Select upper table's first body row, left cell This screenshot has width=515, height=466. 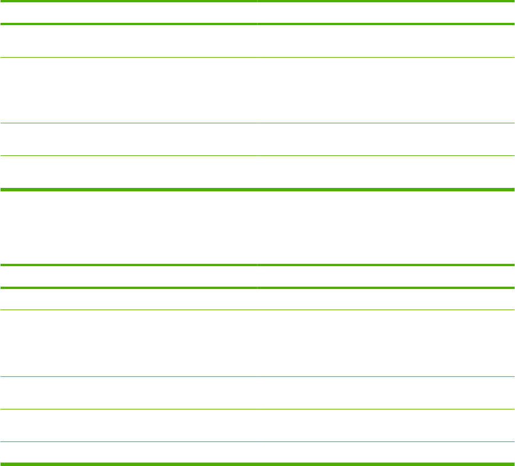pyautogui.click(x=129, y=41)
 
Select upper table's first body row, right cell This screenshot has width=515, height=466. pyautogui.click(x=386, y=41)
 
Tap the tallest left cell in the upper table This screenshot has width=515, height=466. pyautogui.click(x=129, y=90)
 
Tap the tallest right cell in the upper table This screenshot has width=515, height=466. pyautogui.click(x=386, y=90)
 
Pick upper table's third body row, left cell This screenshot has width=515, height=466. pyautogui.click(x=129, y=139)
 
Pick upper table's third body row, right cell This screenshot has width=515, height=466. pyautogui.click(x=386, y=139)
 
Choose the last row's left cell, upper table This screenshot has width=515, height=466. pyautogui.click(x=129, y=172)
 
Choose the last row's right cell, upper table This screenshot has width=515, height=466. pyautogui.click(x=386, y=172)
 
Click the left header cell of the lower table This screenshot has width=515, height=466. pyautogui.click(x=129, y=276)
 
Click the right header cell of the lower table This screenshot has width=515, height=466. pyautogui.click(x=386, y=276)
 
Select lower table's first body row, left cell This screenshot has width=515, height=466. pyautogui.click(x=129, y=299)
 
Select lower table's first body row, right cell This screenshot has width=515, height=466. pyautogui.click(x=386, y=299)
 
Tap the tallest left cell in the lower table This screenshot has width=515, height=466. pyautogui.click(x=129, y=343)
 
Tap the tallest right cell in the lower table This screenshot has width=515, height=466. pyautogui.click(x=386, y=343)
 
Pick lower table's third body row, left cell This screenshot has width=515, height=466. pyautogui.click(x=129, y=393)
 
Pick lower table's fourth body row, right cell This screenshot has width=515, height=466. pyautogui.click(x=386, y=425)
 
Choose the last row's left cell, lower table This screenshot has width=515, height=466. pyautogui.click(x=129, y=452)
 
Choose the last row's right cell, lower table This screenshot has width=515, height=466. pyautogui.click(x=386, y=452)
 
